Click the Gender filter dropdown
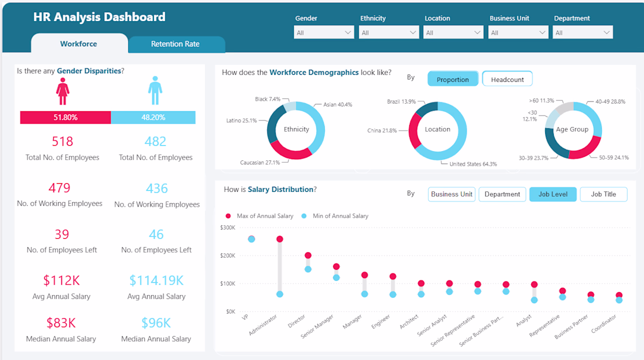[x=324, y=32]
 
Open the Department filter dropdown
[x=583, y=32]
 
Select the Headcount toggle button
[x=507, y=79]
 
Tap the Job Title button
[x=604, y=194]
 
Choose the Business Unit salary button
[x=451, y=194]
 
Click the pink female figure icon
[x=63, y=91]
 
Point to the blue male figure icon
[x=155, y=90]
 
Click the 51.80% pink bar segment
[x=66, y=118]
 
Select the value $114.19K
[x=156, y=280]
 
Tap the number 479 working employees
[x=60, y=188]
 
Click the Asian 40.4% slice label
[x=337, y=105]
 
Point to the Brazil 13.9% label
[x=401, y=101]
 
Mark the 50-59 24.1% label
[x=614, y=157]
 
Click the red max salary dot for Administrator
[x=280, y=239]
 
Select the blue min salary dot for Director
[x=308, y=269]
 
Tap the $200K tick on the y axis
[x=228, y=255]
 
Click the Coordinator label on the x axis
[x=604, y=324]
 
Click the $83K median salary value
[x=61, y=323]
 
